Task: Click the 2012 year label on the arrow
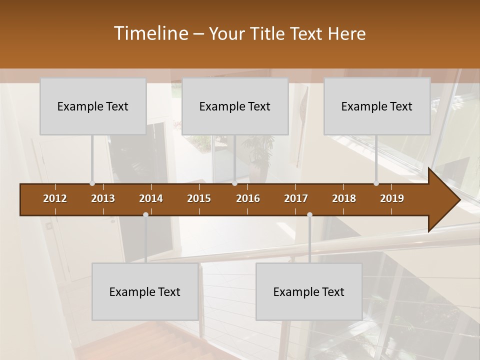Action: pyautogui.click(x=55, y=198)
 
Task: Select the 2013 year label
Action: pyautogui.click(x=103, y=198)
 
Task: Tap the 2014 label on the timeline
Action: pyautogui.click(x=151, y=198)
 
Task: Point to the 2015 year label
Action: pyautogui.click(x=199, y=198)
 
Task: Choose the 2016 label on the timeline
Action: pyautogui.click(x=248, y=198)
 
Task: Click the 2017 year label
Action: pyautogui.click(x=296, y=198)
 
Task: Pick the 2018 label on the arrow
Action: pyautogui.click(x=344, y=198)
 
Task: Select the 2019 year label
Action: pyautogui.click(x=392, y=198)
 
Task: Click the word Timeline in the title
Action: pyautogui.click(x=150, y=33)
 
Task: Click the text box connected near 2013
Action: pyautogui.click(x=93, y=106)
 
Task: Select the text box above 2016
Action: pyautogui.click(x=235, y=106)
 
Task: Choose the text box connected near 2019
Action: pyautogui.click(x=377, y=106)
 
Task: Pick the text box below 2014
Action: pyautogui.click(x=145, y=291)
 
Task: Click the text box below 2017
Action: pyautogui.click(x=309, y=291)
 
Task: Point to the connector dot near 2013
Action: pyautogui.click(x=92, y=183)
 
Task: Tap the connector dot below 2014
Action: pyautogui.click(x=145, y=214)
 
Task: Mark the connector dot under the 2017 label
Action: pyautogui.click(x=309, y=214)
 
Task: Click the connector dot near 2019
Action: pyautogui.click(x=376, y=183)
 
